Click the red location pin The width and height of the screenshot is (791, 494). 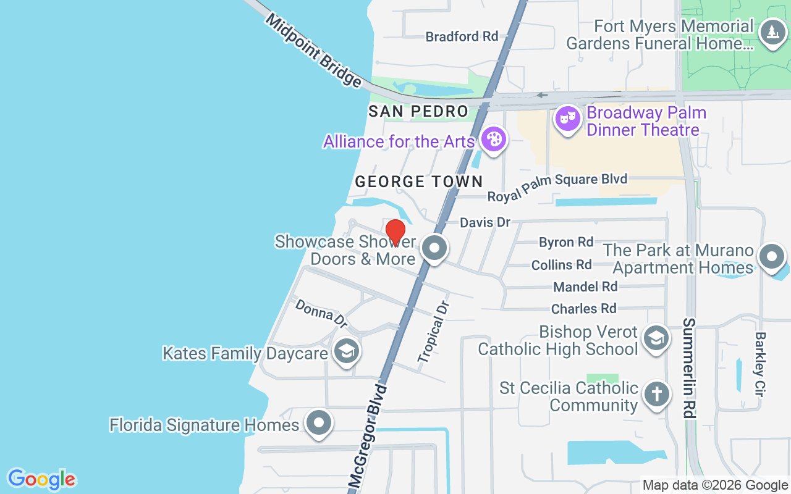395,232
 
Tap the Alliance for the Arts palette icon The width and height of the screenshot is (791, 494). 494,140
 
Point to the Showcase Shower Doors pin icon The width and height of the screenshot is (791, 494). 434,248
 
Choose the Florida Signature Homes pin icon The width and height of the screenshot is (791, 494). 319,423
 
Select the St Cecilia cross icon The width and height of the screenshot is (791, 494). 656,395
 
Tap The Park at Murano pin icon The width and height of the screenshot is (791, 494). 771,256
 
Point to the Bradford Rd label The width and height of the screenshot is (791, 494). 462,36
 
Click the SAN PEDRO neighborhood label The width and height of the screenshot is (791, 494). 418,112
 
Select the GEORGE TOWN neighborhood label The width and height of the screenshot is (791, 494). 418,182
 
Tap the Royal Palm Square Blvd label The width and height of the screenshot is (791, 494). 557,186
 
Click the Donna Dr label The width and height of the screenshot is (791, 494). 321,313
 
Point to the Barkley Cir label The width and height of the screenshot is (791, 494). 759,364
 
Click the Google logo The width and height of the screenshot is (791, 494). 41,479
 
